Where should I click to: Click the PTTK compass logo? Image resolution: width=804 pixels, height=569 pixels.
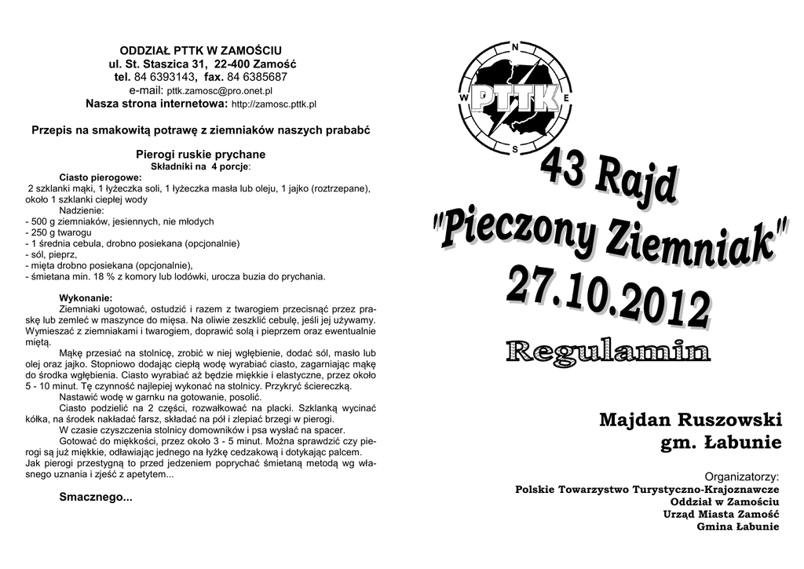pyautogui.click(x=514, y=97)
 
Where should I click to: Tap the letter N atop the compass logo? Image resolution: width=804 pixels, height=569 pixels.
pyautogui.click(x=514, y=47)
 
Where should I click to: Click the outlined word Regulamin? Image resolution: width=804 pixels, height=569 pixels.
pyautogui.click(x=608, y=351)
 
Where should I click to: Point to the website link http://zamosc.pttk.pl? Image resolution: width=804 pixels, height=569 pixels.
pyautogui.click(x=274, y=104)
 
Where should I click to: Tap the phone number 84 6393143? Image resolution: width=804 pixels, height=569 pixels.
pyautogui.click(x=164, y=77)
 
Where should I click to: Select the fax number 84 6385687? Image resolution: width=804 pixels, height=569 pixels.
pyautogui.click(x=257, y=77)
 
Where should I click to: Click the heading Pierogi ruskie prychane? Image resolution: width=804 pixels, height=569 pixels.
pyautogui.click(x=201, y=154)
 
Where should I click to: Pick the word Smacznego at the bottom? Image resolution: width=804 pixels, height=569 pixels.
pyautogui.click(x=96, y=498)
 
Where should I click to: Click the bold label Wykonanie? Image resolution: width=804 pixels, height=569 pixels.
pyautogui.click(x=86, y=297)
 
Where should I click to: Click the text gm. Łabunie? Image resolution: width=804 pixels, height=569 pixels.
pyautogui.click(x=721, y=443)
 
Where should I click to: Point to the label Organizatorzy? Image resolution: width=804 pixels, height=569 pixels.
pyautogui.click(x=741, y=476)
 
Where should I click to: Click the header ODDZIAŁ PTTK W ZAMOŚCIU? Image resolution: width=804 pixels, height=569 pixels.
pyautogui.click(x=200, y=50)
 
